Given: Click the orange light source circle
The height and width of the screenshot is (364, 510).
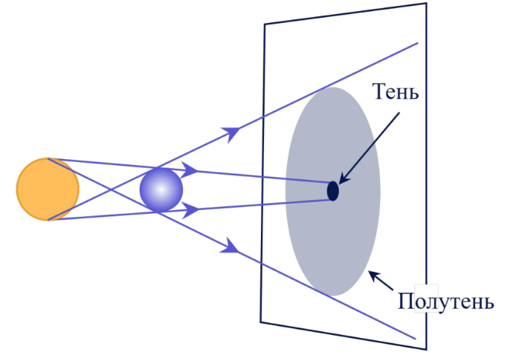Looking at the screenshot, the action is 48,189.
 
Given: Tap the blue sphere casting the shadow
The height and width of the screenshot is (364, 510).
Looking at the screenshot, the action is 161,190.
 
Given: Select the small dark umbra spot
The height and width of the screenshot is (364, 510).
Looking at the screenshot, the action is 333,191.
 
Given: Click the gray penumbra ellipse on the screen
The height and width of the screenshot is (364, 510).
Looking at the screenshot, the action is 333,192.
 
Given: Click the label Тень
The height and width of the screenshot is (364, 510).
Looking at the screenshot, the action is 396,91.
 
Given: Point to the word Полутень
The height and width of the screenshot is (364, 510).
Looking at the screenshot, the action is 446,302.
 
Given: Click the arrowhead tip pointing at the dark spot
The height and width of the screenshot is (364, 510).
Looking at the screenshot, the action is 339,184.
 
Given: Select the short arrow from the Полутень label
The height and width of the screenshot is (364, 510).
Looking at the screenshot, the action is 381,280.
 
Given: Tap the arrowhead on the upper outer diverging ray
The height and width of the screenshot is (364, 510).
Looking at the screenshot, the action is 232,132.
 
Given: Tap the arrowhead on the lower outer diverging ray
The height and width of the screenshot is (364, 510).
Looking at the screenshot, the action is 230,247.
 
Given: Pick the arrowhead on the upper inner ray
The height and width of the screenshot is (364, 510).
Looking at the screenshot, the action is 190,169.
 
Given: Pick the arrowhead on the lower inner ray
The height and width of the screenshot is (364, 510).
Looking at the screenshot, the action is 190,210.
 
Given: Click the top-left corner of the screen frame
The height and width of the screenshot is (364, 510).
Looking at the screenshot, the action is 264,24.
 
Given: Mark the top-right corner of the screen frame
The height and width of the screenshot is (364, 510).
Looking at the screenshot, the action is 426,3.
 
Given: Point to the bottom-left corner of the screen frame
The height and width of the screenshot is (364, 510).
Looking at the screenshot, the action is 260,322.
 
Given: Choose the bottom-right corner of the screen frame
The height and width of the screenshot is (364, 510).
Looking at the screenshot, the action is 426,350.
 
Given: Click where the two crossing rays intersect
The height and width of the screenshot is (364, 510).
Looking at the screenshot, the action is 112,189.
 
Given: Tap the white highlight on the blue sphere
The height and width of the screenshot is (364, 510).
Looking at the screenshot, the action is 161,189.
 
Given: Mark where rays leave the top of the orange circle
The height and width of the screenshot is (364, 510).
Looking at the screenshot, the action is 48,159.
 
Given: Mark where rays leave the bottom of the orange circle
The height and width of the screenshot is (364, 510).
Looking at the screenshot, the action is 48,220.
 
